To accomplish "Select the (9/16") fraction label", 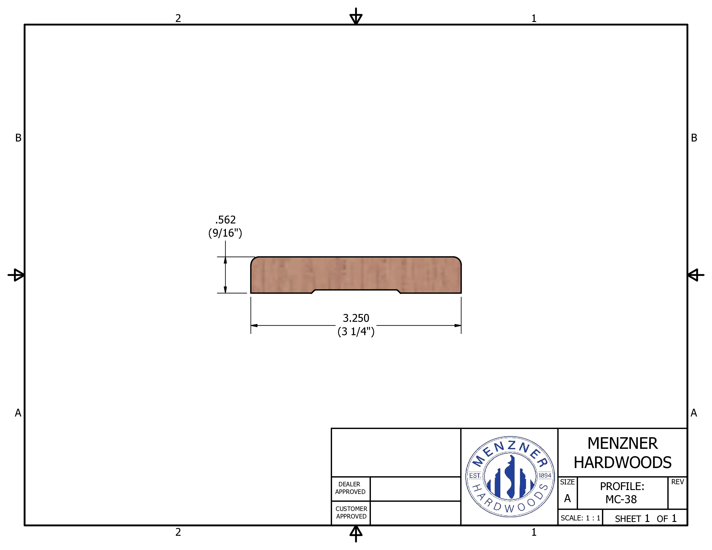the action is [x=225, y=233].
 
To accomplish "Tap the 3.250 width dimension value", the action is [x=356, y=318].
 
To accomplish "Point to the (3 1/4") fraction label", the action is [x=356, y=331].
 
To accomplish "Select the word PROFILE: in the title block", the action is [x=622, y=486].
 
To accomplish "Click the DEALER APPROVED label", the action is [x=350, y=488].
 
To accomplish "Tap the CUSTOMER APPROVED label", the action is [x=351, y=512].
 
